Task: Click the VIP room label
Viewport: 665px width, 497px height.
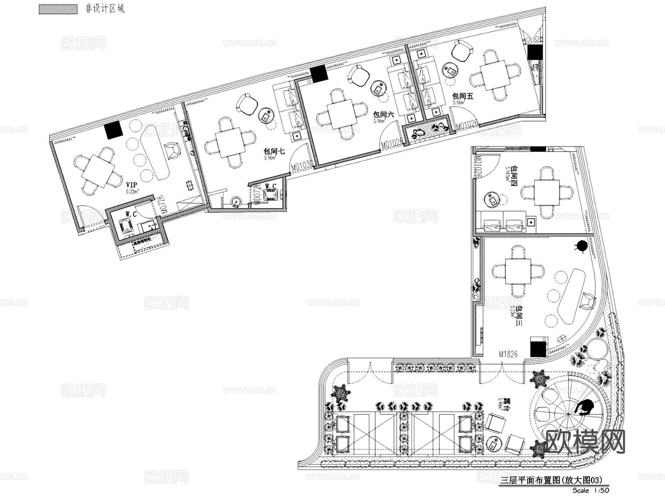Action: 131,185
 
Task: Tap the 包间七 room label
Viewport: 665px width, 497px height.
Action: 274,151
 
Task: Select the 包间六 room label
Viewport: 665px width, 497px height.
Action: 383,115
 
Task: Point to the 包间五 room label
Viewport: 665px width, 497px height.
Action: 463,96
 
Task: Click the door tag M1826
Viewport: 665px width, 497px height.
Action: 508,354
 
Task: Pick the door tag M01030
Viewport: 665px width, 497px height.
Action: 302,167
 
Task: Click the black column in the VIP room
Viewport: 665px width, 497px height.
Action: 113,130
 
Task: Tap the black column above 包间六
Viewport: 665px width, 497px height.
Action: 319,73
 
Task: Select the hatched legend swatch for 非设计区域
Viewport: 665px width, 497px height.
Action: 58,9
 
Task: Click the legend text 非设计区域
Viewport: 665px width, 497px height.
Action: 105,9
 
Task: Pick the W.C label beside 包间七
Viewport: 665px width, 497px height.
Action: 270,186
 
